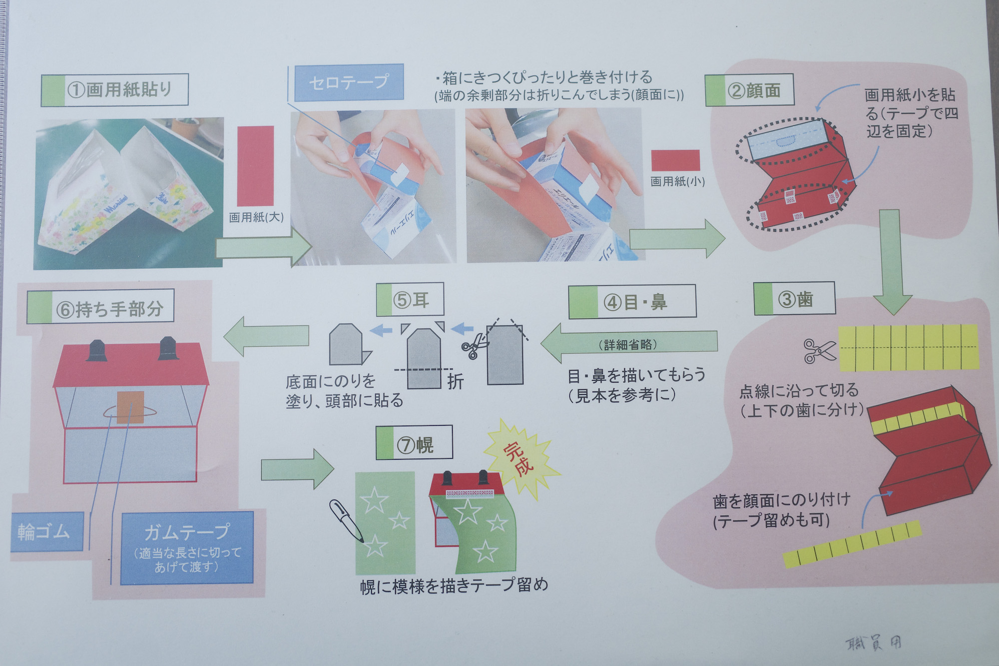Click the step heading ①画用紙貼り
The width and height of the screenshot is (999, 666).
(115, 90)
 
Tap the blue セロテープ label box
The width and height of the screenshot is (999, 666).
(348, 82)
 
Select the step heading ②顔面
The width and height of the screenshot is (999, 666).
(750, 90)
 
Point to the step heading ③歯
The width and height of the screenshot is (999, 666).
(794, 299)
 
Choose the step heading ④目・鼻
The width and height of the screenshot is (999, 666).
(632, 302)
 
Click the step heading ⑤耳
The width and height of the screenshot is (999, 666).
(410, 300)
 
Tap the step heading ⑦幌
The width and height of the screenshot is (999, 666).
(414, 443)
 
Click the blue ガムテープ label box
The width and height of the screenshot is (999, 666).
(187, 548)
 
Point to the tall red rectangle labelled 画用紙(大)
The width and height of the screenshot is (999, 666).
(255, 166)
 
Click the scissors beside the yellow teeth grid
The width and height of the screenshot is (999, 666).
(819, 350)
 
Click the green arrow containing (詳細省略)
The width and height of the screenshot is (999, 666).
(629, 343)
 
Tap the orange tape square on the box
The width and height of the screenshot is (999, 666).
(130, 407)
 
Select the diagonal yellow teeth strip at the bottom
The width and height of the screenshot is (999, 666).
(852, 545)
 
